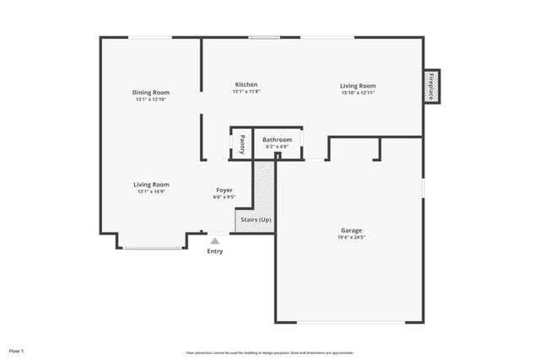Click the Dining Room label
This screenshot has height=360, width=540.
coord(151,92)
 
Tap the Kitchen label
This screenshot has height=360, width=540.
coord(246,84)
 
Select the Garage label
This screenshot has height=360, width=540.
coord(352,229)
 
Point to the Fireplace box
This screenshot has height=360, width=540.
coord(431,87)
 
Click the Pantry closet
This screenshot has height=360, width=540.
coord(242,143)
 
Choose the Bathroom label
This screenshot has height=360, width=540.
coord(277,139)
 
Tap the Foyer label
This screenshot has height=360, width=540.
coord(224,190)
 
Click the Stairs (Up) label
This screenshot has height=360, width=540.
coord(255,219)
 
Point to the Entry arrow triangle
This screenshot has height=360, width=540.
coord(215,241)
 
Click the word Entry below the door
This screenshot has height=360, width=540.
coord(215,251)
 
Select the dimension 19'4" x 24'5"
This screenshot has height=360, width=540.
coord(352,237)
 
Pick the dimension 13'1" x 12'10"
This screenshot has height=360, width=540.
coord(151,99)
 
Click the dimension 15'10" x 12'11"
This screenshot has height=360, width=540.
coord(358,93)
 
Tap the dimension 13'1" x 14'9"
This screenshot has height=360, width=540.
coord(151,191)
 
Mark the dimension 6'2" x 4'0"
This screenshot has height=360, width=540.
coord(277,147)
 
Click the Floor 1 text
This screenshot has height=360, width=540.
coord(17,350)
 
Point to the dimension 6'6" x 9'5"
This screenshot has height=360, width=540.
coord(224,197)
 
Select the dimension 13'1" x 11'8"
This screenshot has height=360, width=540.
coord(246,92)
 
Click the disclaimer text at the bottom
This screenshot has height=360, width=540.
coord(269,352)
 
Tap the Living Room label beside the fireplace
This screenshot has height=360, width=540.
coord(358,85)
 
